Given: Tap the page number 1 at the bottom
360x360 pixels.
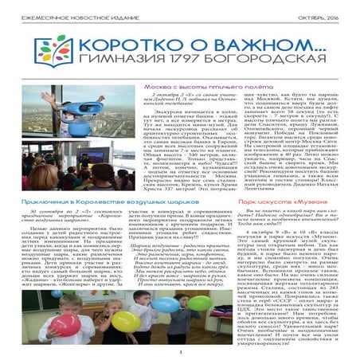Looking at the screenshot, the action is click(x=180, y=352).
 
